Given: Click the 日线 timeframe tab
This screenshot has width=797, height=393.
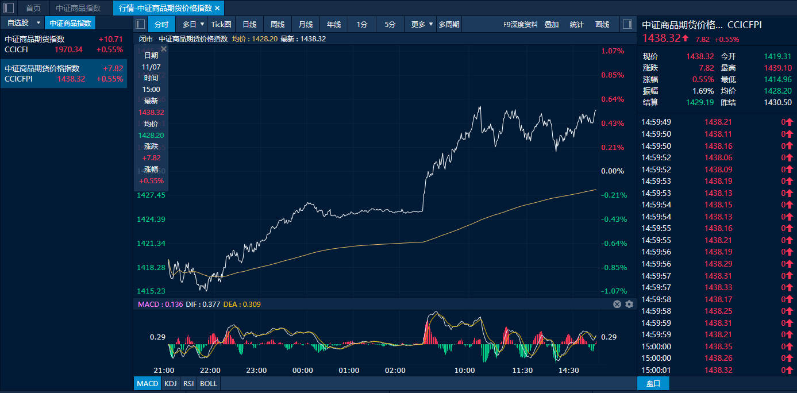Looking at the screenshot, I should pos(249,24).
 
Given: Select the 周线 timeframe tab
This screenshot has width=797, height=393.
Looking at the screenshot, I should pos(278,24).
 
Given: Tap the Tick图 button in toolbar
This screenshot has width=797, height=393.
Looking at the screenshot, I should pos(221,24).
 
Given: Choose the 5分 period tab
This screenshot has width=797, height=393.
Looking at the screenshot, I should pos(390,24).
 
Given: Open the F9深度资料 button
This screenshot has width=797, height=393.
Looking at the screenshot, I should pos(521,24).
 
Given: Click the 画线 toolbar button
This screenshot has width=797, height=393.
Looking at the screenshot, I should pos(602,24).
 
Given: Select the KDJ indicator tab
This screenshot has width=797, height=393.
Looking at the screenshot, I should pos(170,383).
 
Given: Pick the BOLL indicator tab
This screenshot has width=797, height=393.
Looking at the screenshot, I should pos(209,383).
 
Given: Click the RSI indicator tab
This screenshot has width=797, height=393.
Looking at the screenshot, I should pos(188,383).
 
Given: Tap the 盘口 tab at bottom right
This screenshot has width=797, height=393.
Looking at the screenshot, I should pos(653,383).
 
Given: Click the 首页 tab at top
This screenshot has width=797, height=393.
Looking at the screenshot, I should pos(33,8).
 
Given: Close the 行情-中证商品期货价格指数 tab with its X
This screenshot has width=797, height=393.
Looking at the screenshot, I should pos(217,8).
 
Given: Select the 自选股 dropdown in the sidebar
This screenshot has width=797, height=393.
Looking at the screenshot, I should pos(22,23).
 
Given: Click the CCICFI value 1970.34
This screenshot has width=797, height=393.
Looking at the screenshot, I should pos(68,49).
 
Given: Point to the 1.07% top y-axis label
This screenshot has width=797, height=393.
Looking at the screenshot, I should pos(613,51).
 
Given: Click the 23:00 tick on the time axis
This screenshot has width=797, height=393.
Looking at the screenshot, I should pos(256,370).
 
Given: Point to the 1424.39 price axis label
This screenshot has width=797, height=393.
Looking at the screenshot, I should pos(151,219).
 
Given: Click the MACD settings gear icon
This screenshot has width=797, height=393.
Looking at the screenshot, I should pos(629,304).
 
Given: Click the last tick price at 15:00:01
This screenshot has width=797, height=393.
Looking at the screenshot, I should pos(718,370).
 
